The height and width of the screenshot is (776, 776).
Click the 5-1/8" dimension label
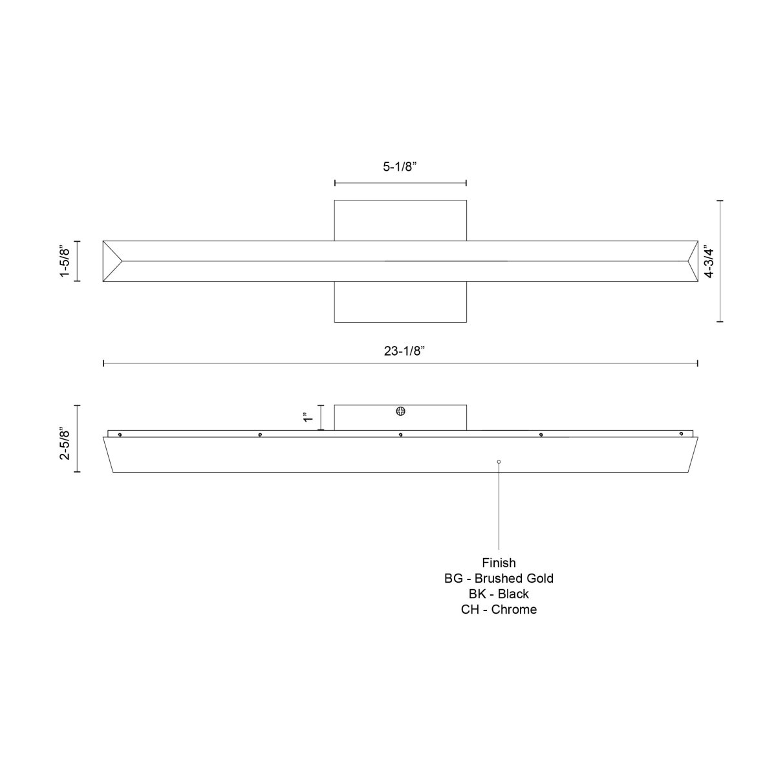click(400, 167)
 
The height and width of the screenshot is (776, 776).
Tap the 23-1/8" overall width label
click(401, 351)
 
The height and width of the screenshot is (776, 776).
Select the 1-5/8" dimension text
click(64, 261)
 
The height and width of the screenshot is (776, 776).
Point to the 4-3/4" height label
click(709, 261)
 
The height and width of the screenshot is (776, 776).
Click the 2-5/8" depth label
click(64, 443)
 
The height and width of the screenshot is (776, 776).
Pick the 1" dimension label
click(308, 418)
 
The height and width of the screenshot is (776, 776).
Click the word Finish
click(499, 563)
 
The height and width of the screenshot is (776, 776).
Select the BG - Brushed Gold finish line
click(499, 578)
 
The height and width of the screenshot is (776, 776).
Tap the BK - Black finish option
click(499, 594)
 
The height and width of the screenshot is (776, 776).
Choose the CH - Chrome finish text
click(499, 609)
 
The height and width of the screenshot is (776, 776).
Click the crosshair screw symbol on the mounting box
click(401, 411)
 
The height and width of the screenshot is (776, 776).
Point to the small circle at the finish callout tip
click(499, 461)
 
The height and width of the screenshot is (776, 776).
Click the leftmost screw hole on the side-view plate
click(120, 435)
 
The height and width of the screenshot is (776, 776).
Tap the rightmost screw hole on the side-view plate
click(681, 434)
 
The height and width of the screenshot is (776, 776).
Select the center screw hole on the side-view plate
click(401, 435)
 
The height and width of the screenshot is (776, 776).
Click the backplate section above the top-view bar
click(400, 220)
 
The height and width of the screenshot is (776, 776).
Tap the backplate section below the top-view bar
click(400, 301)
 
